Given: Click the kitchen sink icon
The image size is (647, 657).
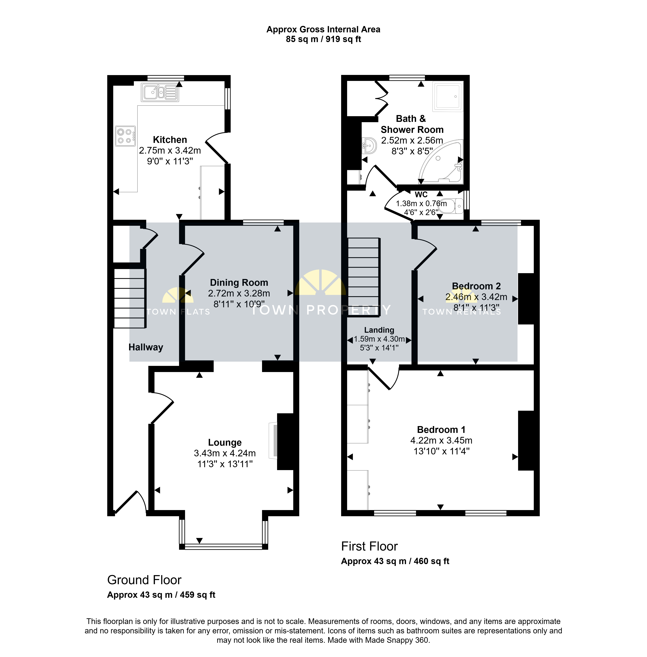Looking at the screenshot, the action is click(160, 92).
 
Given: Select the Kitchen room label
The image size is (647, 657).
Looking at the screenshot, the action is click(170, 140).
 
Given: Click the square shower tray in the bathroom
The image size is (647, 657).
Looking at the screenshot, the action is click(448, 96).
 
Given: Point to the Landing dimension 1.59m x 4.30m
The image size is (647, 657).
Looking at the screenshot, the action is click(379, 339).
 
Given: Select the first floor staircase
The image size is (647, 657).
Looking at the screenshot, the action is click(363, 277).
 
